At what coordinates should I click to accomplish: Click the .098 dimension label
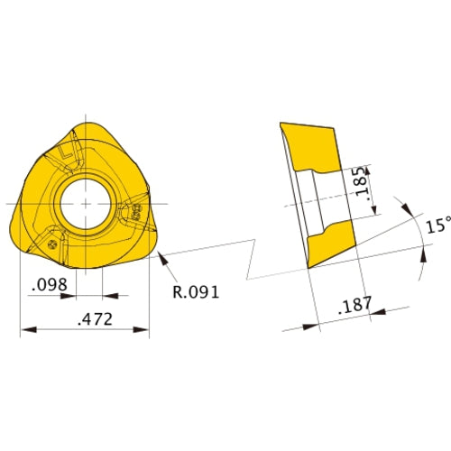(x=50, y=284)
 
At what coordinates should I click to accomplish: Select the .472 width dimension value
(x=95, y=319)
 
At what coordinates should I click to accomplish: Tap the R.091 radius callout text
(x=196, y=292)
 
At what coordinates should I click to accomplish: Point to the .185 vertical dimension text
(x=362, y=181)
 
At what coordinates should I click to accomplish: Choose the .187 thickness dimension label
(x=355, y=305)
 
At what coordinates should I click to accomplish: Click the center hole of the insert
(x=86, y=204)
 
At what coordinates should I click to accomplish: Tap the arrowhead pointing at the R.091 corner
(x=162, y=259)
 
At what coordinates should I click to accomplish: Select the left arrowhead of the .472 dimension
(x=29, y=330)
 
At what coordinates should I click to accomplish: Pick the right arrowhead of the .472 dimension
(x=141, y=330)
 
